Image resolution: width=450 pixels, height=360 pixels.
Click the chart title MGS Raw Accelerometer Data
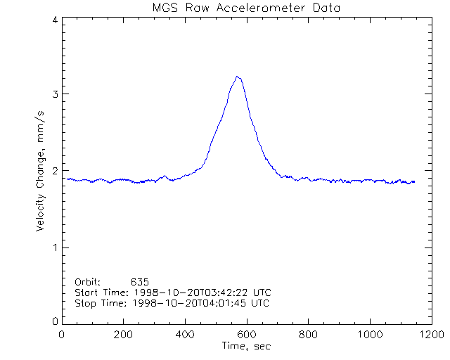[245, 8]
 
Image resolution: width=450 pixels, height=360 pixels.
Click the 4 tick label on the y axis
[54, 20]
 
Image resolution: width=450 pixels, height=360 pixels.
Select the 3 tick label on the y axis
[54, 94]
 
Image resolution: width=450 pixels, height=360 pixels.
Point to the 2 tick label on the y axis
[54, 171]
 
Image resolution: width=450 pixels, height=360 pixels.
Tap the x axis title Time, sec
[245, 346]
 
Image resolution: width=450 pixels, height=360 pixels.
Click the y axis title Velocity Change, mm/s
[41, 171]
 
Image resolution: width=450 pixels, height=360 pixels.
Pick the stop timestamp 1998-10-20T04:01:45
[195, 303]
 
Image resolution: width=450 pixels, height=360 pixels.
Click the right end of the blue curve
[414, 181]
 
